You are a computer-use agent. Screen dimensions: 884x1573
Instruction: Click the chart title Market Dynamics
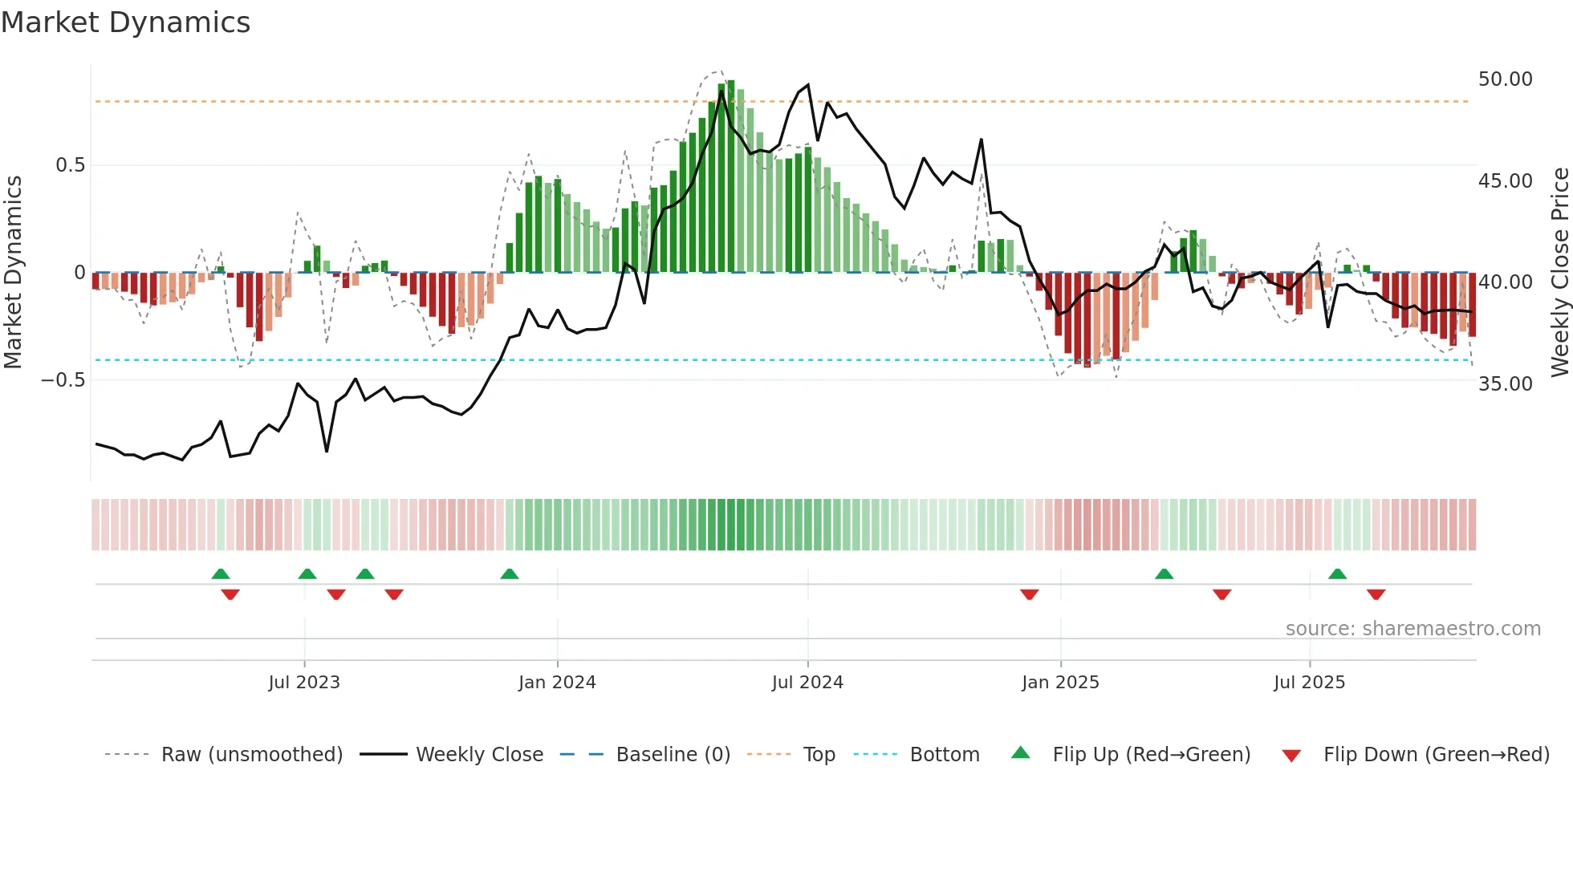[x=125, y=22]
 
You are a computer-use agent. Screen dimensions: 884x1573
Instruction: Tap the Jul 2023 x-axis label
[x=304, y=683]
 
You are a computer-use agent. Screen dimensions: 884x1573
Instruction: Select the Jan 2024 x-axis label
[x=557, y=683]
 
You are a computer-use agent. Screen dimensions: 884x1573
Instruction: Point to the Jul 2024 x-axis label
[x=807, y=683]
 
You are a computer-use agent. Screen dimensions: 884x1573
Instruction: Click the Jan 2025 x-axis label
[x=1060, y=683]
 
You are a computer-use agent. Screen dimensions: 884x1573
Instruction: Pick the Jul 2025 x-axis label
[x=1309, y=683]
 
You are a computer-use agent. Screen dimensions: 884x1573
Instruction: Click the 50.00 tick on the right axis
[x=1505, y=79]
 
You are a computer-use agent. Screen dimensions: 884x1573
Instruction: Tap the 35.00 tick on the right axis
[x=1505, y=384]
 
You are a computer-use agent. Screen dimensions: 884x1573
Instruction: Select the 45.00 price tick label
[x=1505, y=181]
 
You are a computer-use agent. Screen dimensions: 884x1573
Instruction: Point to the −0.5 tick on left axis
[x=63, y=380]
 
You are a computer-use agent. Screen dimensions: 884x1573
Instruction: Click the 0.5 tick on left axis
[x=70, y=165]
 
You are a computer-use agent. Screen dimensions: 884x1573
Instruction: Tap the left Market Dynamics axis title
[x=13, y=273]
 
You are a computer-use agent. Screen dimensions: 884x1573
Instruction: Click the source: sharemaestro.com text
[x=1412, y=629]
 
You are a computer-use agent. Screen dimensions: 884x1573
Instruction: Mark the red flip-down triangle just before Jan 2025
[x=1030, y=594]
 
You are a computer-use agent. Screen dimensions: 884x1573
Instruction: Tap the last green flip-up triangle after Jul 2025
[x=1337, y=574]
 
